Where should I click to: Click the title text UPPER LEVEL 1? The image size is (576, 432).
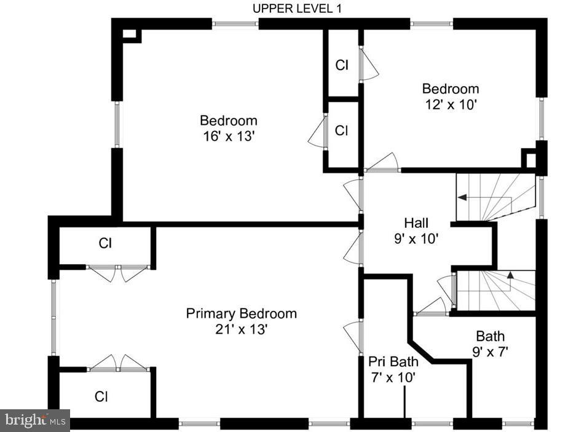(x=297, y=8)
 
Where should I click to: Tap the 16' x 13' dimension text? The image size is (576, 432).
(x=228, y=136)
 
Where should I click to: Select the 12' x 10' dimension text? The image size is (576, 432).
(x=450, y=104)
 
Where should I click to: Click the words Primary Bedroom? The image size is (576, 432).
(x=241, y=313)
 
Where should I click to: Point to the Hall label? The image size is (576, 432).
(x=416, y=222)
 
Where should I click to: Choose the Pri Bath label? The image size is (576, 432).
(x=393, y=361)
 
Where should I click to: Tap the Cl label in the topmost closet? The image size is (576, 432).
(x=342, y=65)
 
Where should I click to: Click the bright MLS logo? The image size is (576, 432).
(x=35, y=420)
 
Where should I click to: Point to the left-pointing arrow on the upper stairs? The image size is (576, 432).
(x=461, y=197)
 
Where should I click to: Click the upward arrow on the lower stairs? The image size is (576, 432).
(x=510, y=276)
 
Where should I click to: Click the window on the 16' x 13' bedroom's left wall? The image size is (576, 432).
(x=116, y=124)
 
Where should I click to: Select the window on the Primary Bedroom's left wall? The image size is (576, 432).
(x=53, y=317)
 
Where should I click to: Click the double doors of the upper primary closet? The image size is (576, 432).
(x=117, y=272)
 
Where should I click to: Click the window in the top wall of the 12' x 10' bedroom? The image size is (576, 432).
(x=431, y=24)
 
